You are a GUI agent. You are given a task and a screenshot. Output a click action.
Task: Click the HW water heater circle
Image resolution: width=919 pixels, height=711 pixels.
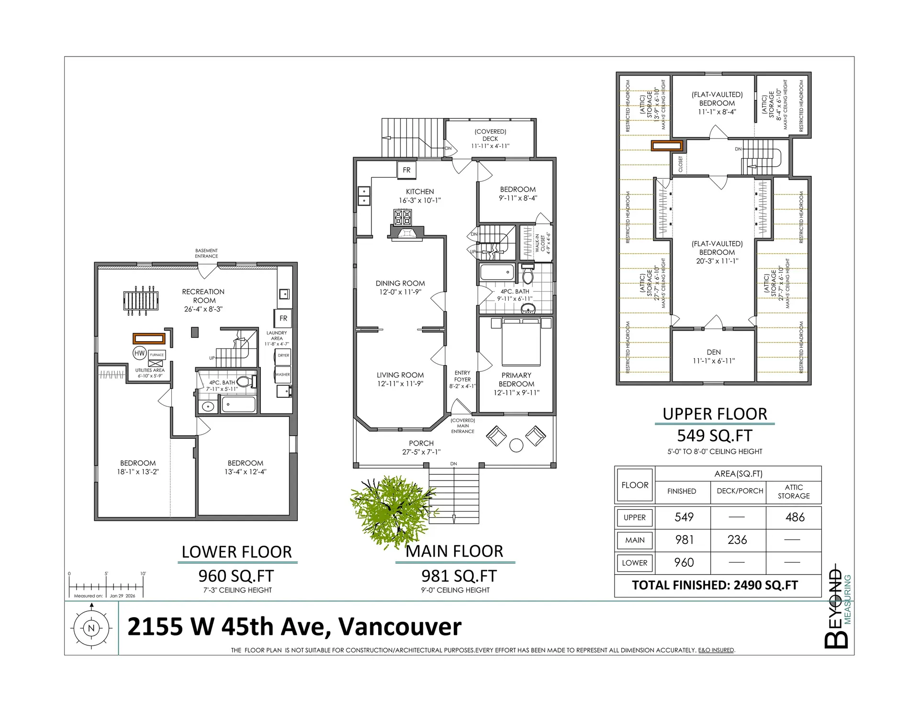click(x=139, y=353)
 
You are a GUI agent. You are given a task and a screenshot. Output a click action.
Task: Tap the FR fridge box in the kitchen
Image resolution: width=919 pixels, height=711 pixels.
click(x=406, y=170)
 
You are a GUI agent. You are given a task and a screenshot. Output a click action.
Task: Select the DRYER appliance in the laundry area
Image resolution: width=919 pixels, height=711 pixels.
click(x=283, y=355)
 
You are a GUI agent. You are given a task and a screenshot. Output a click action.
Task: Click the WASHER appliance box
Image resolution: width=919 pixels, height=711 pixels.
click(x=282, y=374)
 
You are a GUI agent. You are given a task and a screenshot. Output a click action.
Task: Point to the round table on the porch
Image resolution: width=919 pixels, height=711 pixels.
click(x=516, y=445)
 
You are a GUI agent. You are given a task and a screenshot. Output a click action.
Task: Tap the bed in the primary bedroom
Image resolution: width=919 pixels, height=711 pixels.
click(x=521, y=343)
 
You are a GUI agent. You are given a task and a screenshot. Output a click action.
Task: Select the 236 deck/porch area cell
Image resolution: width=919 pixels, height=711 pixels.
click(x=737, y=540)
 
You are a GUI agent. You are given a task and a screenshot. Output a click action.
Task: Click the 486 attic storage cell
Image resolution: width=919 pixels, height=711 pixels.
click(x=795, y=517)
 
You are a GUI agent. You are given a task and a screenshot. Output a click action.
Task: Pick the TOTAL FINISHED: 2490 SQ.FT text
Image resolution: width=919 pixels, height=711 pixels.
click(x=715, y=585)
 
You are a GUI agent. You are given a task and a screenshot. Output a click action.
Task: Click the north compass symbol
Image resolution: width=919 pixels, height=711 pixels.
click(x=91, y=628)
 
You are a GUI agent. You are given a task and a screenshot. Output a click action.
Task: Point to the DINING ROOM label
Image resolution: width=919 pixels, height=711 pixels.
click(x=400, y=283)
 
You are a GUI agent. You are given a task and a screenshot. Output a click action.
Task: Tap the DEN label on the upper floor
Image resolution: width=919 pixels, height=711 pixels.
click(x=713, y=352)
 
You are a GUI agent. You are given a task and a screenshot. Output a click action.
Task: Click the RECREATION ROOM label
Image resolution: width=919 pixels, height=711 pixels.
click(x=203, y=296)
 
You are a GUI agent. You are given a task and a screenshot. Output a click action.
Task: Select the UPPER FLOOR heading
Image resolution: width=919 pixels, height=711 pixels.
click(x=715, y=414)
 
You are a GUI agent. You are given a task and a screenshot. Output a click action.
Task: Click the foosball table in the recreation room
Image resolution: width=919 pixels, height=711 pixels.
click(x=141, y=301)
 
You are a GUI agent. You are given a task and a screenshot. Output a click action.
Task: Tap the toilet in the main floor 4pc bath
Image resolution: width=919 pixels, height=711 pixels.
click(x=527, y=275)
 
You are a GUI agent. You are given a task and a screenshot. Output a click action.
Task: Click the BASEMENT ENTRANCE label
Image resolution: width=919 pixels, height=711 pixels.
click(x=206, y=253)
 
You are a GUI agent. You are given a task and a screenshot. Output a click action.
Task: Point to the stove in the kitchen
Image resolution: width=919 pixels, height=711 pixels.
click(x=402, y=217)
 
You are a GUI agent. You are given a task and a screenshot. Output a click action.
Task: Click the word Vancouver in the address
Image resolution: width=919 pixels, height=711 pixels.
click(x=400, y=627)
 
